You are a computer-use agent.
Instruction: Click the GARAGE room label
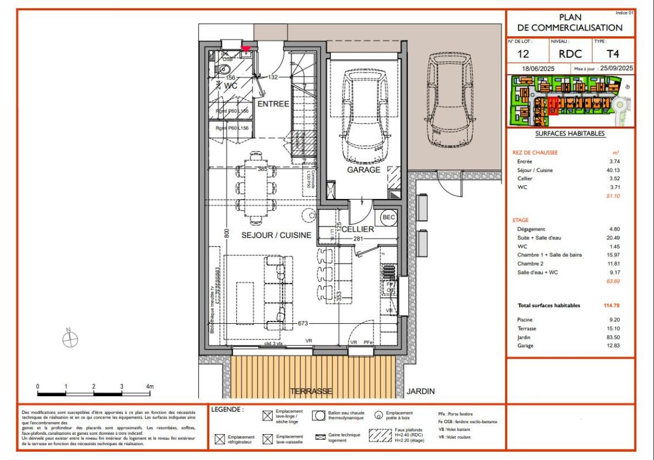364,170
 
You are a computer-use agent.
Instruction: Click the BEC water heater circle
388,218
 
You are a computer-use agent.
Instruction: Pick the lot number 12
523,55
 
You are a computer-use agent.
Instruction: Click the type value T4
613,55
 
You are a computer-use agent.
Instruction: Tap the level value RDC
571,55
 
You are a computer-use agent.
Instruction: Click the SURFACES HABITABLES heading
569,133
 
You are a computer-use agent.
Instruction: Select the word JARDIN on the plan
420,392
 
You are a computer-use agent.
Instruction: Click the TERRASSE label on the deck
311,392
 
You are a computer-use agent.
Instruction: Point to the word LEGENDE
228,409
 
